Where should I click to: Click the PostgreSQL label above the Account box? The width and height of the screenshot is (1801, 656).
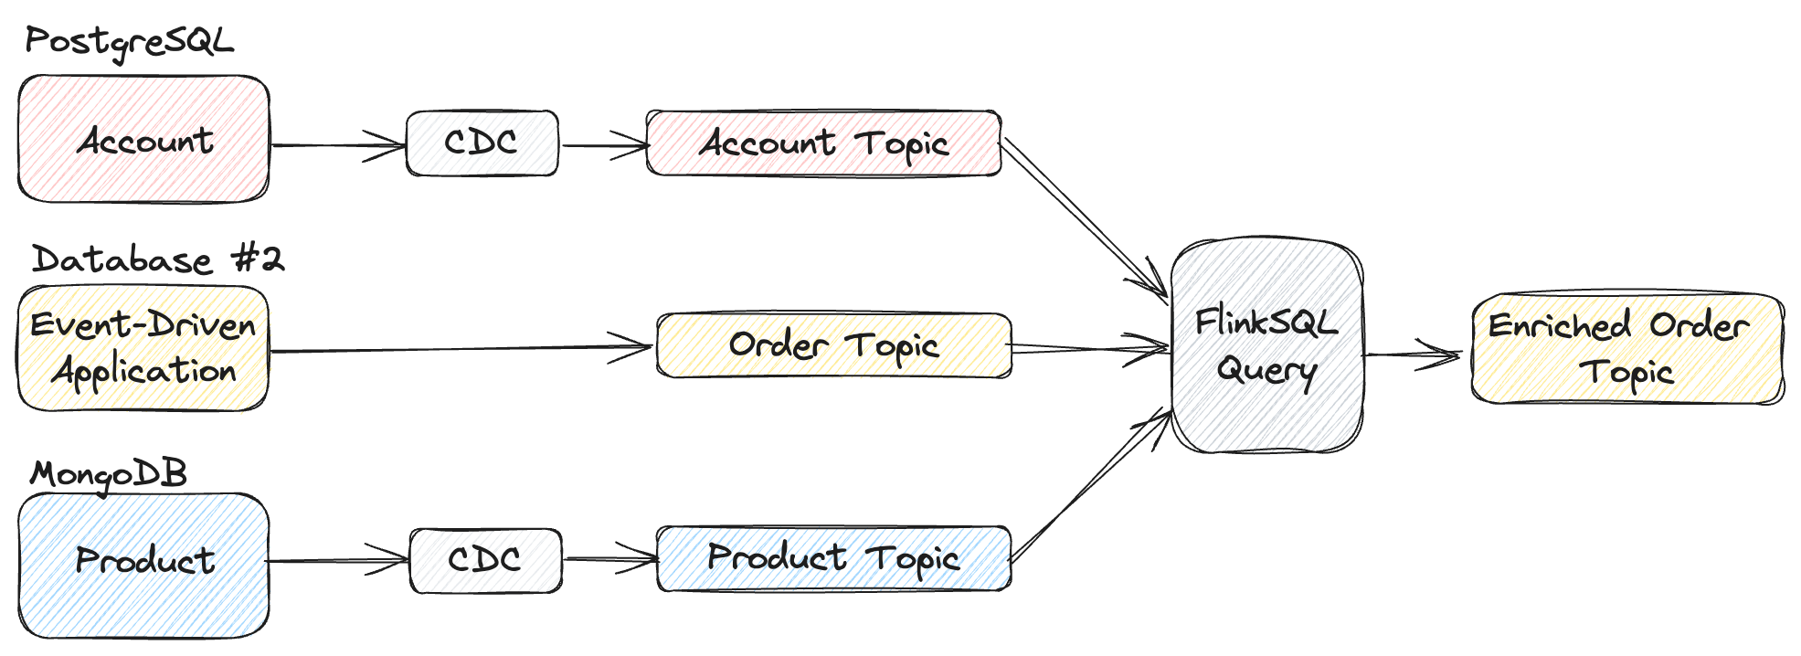point(129,42)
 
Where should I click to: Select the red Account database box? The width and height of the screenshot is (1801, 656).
point(143,140)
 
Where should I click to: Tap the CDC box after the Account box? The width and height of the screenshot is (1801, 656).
point(482,143)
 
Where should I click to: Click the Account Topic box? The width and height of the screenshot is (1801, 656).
point(823,143)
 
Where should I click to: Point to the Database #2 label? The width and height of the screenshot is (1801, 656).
point(157,260)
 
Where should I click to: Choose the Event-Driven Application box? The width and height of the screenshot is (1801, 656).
point(143,348)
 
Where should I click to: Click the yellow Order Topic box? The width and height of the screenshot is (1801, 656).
point(833,345)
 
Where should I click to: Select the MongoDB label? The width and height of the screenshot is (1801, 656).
point(108,474)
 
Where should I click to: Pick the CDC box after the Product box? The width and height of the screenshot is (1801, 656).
point(485,560)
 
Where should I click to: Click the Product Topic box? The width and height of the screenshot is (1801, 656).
point(833,558)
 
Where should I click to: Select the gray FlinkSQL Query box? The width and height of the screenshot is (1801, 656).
point(1266,346)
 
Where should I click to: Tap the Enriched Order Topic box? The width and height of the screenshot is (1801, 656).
point(1626,348)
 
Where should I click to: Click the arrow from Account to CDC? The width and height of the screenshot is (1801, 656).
point(338,145)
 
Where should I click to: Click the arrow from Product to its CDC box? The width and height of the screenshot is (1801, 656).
point(338,560)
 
